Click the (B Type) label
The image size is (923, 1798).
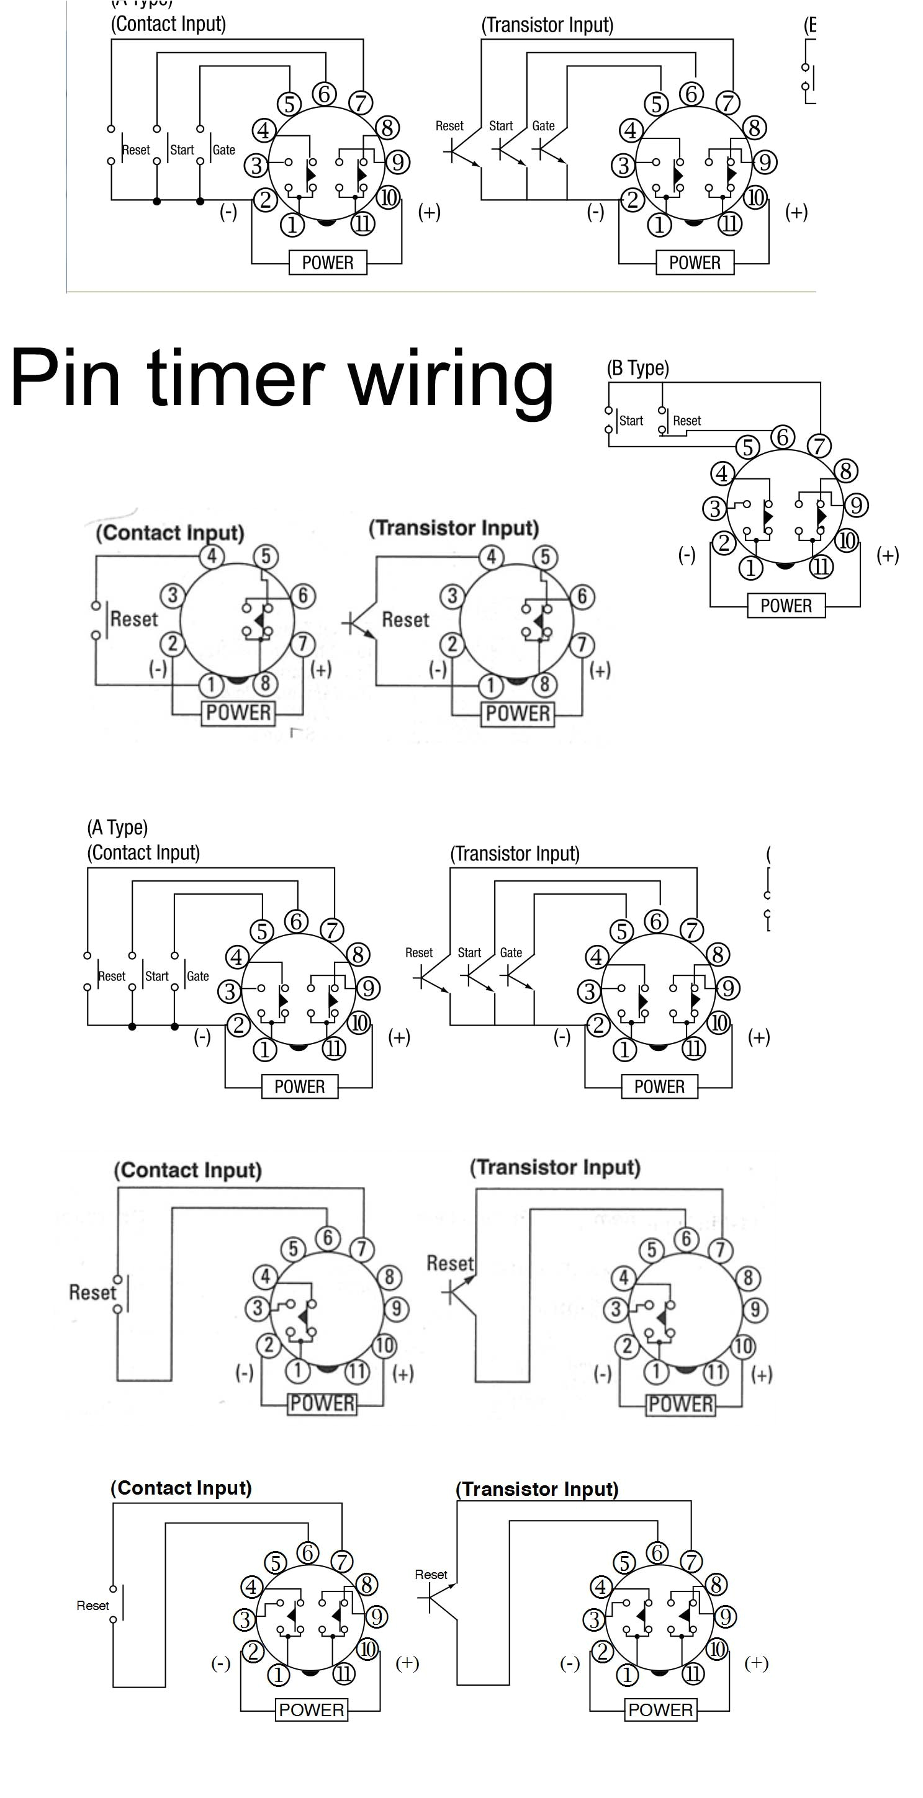pyautogui.click(x=637, y=368)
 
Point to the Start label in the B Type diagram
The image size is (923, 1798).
pyautogui.click(x=631, y=421)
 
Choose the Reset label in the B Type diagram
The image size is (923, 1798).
pyautogui.click(x=687, y=421)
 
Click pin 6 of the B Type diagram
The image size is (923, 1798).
pyautogui.click(x=783, y=437)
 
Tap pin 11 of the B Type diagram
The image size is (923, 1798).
pyautogui.click(x=821, y=567)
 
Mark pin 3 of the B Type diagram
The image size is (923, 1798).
pyautogui.click(x=714, y=508)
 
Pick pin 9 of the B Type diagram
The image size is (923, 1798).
pyautogui.click(x=856, y=504)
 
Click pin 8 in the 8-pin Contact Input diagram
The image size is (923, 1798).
pyautogui.click(x=265, y=683)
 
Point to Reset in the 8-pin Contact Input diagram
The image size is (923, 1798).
pyautogui.click(x=134, y=619)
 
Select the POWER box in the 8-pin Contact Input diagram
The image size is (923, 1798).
pyautogui.click(x=238, y=713)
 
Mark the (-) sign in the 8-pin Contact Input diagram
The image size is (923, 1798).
pyautogui.click(x=158, y=669)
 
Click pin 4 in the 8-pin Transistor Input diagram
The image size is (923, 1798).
pyautogui.click(x=492, y=557)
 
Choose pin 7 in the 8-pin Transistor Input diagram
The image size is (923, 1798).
pyautogui.click(x=582, y=644)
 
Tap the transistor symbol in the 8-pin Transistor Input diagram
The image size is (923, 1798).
pyautogui.click(x=358, y=623)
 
